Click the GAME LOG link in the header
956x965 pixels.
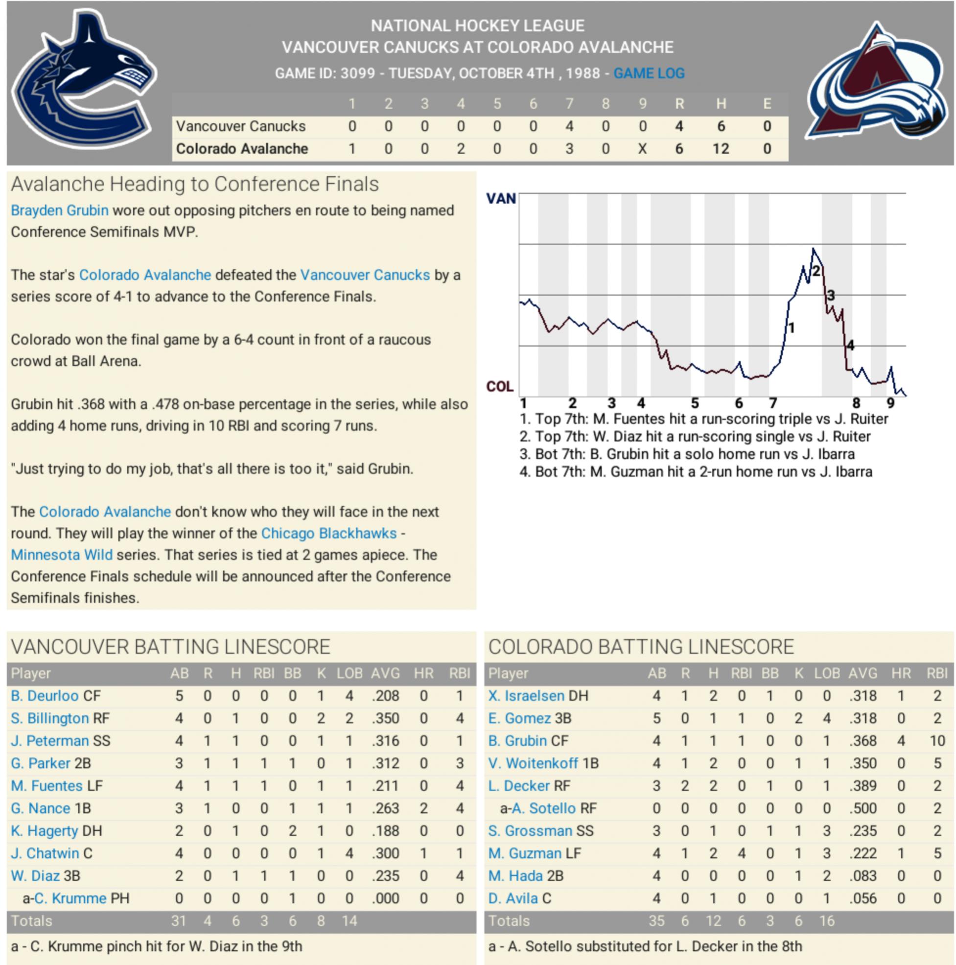coord(648,73)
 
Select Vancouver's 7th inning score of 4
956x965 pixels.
coord(569,126)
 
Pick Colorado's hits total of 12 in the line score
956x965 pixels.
coord(720,149)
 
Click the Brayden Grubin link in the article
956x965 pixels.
coord(59,210)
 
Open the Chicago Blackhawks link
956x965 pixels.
coord(328,534)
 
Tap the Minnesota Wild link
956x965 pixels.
coord(62,555)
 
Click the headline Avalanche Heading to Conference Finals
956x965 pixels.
coord(195,184)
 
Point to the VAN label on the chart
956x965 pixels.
coord(500,199)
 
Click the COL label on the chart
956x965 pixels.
coord(499,387)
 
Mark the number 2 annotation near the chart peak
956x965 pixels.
coord(816,271)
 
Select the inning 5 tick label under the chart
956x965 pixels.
coord(695,403)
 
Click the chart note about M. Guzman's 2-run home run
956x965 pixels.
coord(696,472)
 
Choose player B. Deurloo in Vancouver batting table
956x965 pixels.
coord(45,696)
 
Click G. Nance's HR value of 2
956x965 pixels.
coord(423,808)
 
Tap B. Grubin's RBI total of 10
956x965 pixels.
coord(937,741)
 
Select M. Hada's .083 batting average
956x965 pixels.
coord(863,875)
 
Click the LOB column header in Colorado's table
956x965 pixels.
coord(827,673)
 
